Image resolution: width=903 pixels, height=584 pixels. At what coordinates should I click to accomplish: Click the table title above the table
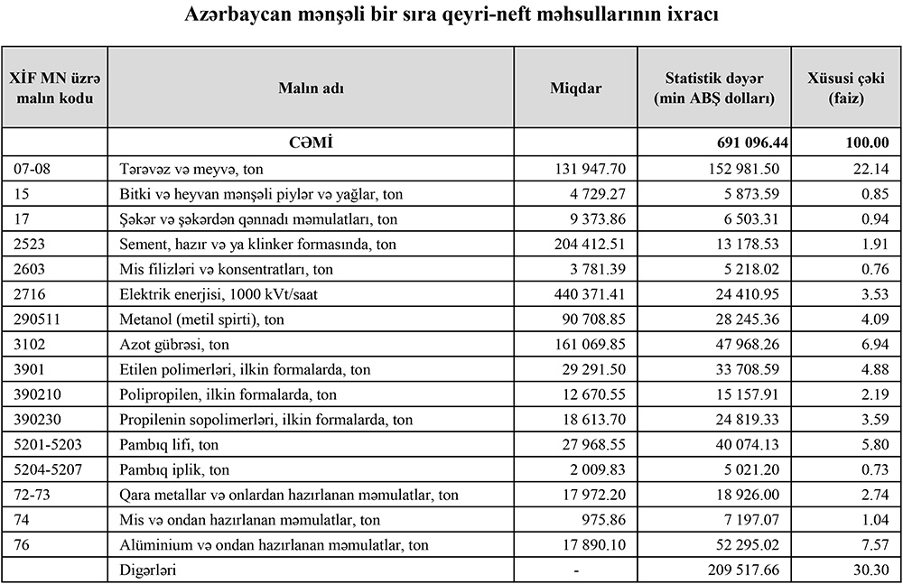tap(451, 16)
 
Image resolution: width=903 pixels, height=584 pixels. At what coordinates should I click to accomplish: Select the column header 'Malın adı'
tap(311, 88)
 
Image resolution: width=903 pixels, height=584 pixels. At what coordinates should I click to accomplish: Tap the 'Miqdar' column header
tap(575, 88)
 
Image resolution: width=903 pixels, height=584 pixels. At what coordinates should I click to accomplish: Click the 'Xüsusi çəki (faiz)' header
tap(847, 88)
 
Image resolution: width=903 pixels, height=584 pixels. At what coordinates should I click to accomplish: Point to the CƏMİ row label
tap(311, 142)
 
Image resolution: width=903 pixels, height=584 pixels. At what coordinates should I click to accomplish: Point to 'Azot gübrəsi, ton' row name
tap(173, 344)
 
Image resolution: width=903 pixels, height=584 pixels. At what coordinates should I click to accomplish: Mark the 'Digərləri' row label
tap(149, 570)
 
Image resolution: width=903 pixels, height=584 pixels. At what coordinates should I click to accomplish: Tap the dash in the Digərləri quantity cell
tap(575, 570)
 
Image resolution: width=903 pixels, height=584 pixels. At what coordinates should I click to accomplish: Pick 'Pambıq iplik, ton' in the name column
tap(174, 469)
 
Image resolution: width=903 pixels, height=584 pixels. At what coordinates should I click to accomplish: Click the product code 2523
tap(29, 244)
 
